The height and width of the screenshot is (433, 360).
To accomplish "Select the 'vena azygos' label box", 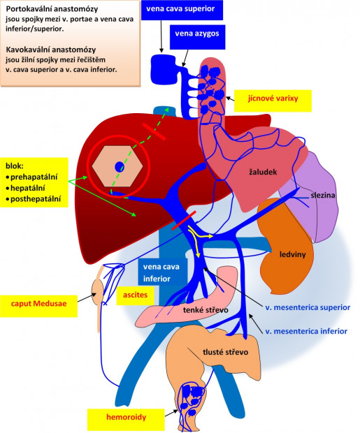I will click(x=197, y=35).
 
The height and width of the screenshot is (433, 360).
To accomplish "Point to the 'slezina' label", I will click(x=323, y=196).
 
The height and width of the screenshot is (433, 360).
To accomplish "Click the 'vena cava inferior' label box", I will click(x=161, y=273).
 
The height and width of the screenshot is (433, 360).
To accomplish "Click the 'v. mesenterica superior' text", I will click(x=307, y=307).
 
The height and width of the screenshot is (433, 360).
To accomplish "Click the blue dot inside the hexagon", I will click(x=120, y=168).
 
